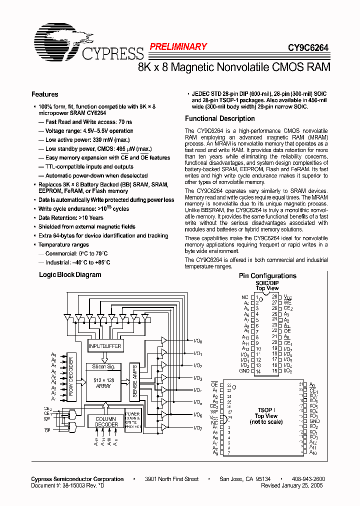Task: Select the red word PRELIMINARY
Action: [178, 46]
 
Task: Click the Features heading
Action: [44, 94]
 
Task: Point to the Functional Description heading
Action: [219, 118]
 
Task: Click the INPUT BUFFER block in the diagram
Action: [104, 346]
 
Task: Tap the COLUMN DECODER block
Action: [105, 421]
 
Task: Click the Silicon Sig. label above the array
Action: [104, 366]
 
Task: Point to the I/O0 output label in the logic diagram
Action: [198, 341]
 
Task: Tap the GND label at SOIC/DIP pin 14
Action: [244, 371]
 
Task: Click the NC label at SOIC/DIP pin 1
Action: [244, 297]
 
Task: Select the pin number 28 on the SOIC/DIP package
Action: [274, 297]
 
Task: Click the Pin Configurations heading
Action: [267, 275]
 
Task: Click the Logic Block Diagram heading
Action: [70, 274]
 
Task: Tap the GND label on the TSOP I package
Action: [314, 421]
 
